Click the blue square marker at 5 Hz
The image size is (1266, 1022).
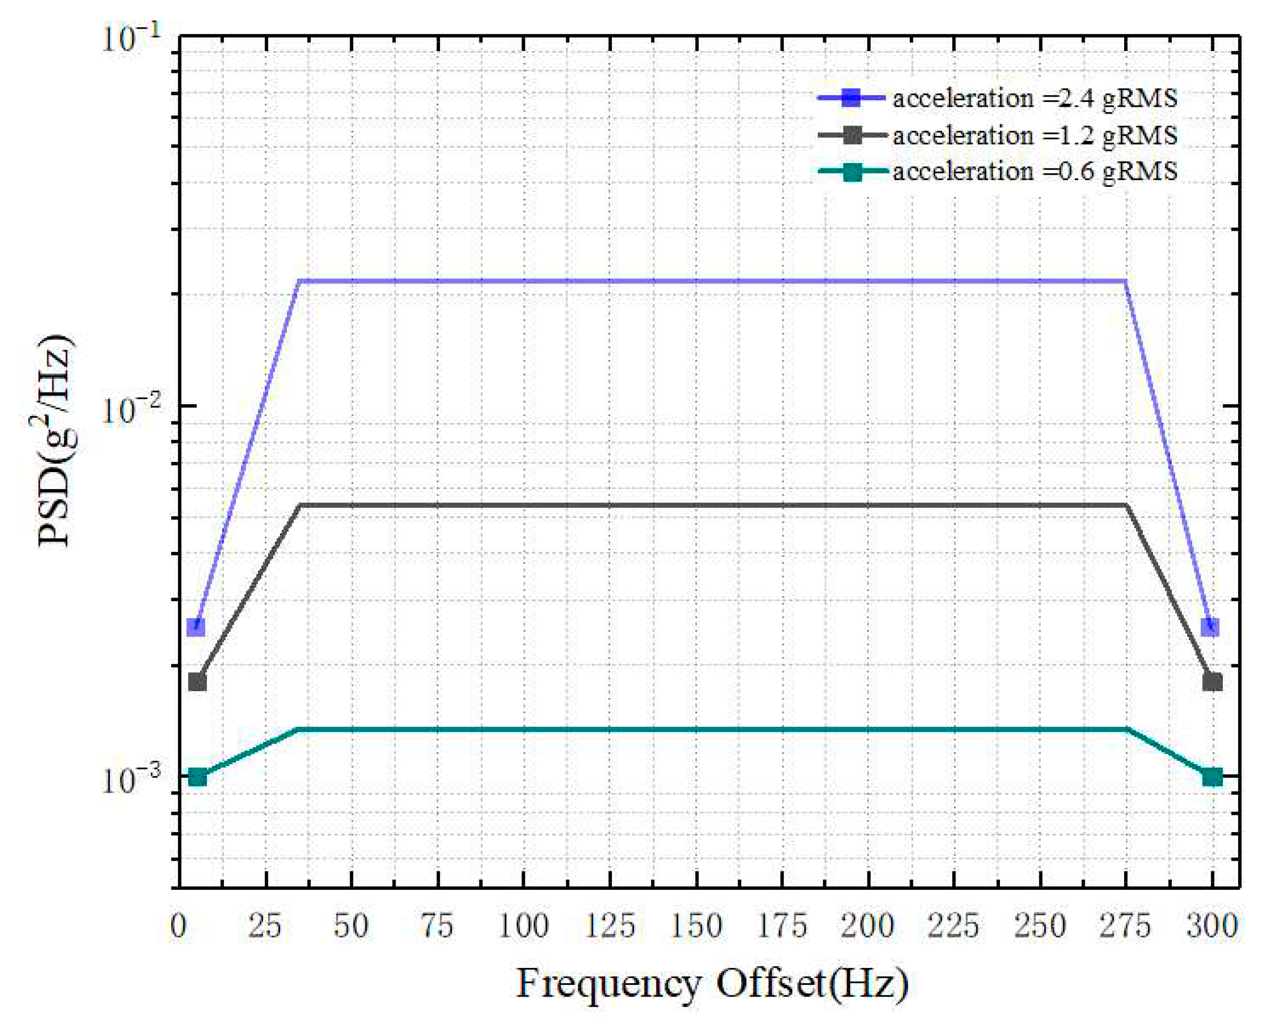pyautogui.click(x=196, y=627)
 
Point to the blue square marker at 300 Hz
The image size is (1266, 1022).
pyautogui.click(x=1211, y=627)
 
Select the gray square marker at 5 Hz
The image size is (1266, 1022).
pyautogui.click(x=197, y=682)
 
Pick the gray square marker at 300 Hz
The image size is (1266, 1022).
pyautogui.click(x=1212, y=682)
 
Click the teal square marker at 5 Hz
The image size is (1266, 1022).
pyautogui.click(x=197, y=777)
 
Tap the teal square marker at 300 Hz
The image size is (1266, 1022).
pyautogui.click(x=1212, y=777)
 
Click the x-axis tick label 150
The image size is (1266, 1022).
pyautogui.click(x=696, y=927)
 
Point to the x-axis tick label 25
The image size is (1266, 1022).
pyautogui.click(x=264, y=927)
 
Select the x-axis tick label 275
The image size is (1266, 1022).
pyautogui.click(x=1126, y=927)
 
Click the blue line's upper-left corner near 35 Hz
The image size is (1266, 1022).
pyautogui.click(x=300, y=281)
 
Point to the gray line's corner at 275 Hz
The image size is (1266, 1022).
pyautogui.click(x=1126, y=505)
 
